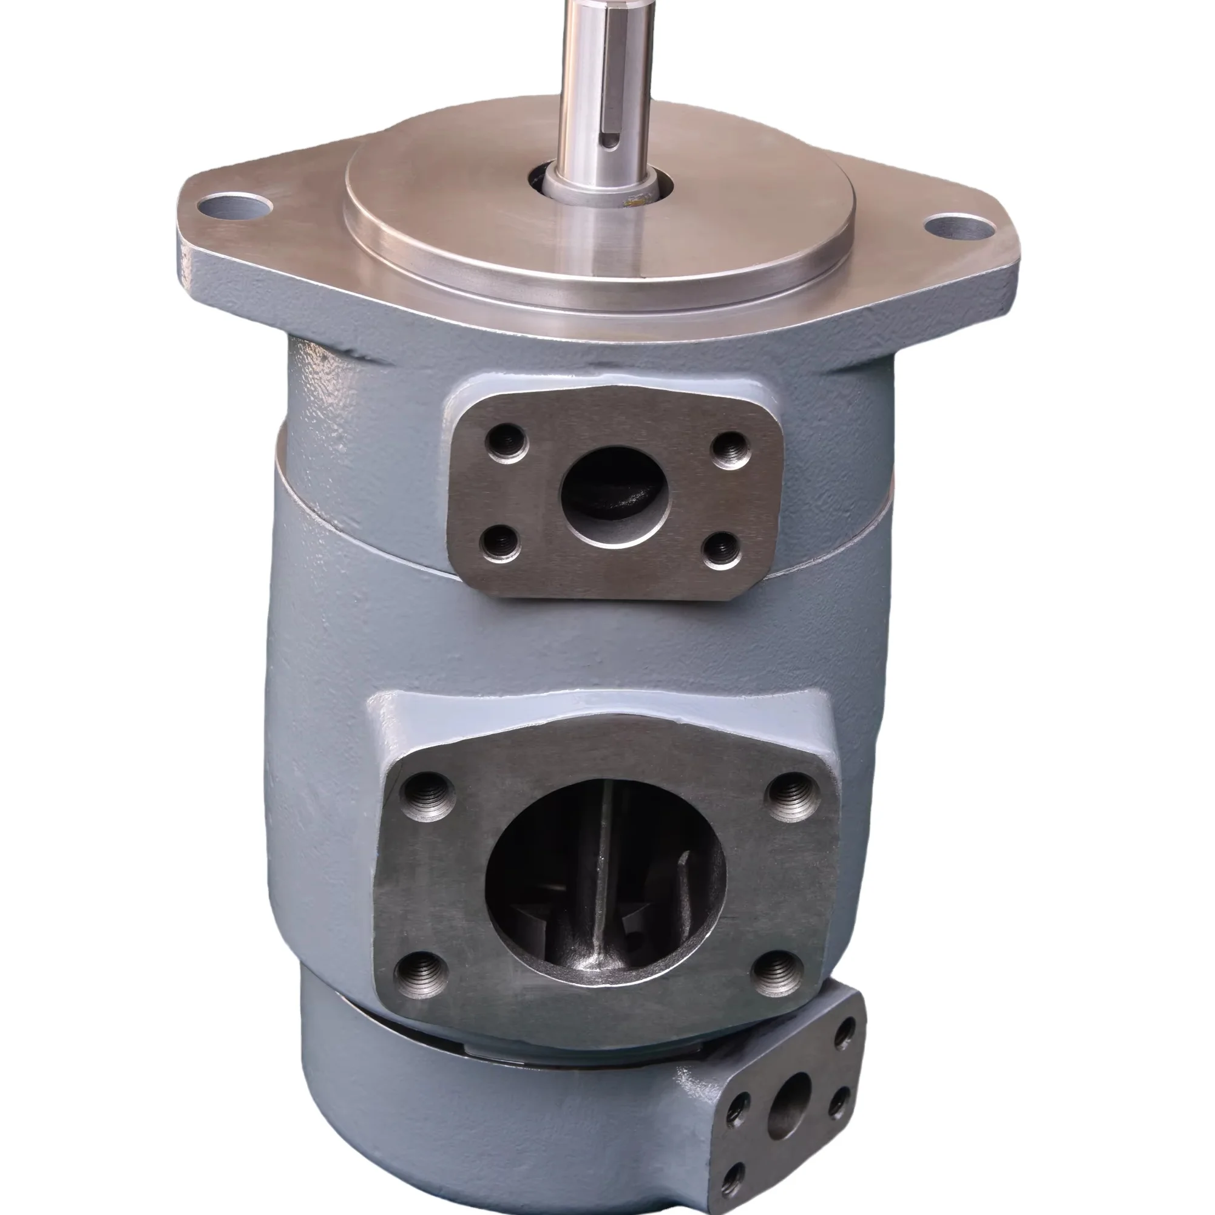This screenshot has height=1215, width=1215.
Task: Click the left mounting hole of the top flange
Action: pyautogui.click(x=233, y=205)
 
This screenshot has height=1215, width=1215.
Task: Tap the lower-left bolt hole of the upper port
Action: pyautogui.click(x=500, y=543)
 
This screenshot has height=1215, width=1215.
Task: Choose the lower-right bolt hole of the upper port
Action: pyautogui.click(x=722, y=550)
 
